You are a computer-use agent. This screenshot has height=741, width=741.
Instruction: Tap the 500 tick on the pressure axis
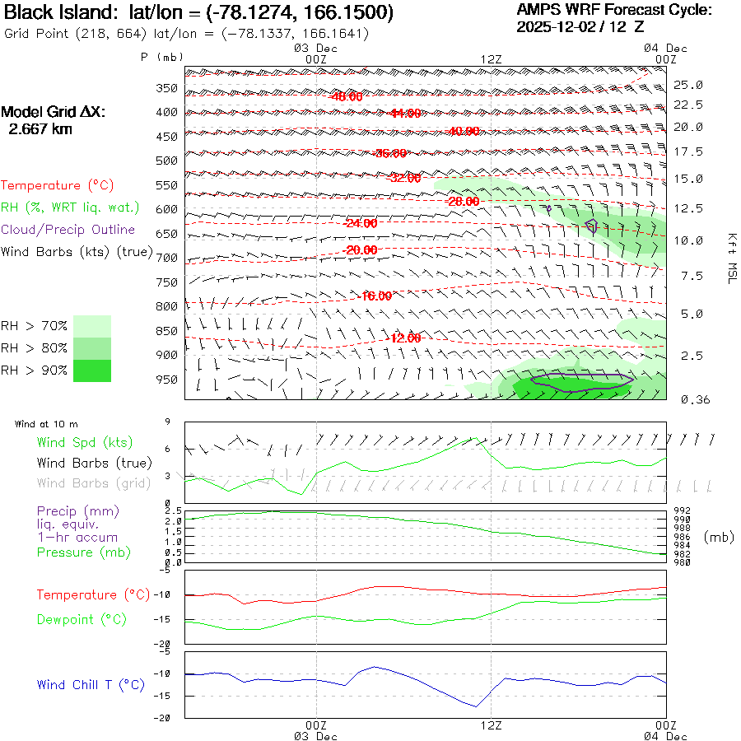tap(167, 161)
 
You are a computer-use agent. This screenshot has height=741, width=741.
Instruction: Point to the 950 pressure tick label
tap(167, 380)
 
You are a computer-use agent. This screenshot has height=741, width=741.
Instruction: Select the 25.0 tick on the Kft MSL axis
tap(688, 85)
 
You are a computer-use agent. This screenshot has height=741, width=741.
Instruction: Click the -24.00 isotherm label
tap(360, 223)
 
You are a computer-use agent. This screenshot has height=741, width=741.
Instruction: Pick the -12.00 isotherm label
tap(404, 338)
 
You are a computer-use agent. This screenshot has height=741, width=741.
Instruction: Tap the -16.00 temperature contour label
tap(376, 296)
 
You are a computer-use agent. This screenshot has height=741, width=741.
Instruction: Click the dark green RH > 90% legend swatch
tap(92, 370)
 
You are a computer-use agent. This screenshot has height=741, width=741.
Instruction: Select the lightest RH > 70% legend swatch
tap(92, 326)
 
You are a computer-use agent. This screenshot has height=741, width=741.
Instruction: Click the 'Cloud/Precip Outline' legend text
tap(68, 230)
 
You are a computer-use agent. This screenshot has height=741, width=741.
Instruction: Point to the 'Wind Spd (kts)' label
tap(84, 443)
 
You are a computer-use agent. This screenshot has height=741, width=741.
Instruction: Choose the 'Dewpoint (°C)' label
tap(82, 619)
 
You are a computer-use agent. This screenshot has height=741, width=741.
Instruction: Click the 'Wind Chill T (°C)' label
tap(91, 685)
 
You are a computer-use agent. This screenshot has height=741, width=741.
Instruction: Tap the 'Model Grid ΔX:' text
tap(54, 112)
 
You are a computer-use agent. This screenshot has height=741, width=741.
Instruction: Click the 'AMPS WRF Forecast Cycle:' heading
tap(613, 10)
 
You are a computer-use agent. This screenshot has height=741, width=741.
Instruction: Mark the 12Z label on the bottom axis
tap(491, 725)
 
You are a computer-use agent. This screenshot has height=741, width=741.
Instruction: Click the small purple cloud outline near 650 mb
tap(590, 226)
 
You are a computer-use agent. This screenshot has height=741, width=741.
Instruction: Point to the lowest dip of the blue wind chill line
tap(475, 706)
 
